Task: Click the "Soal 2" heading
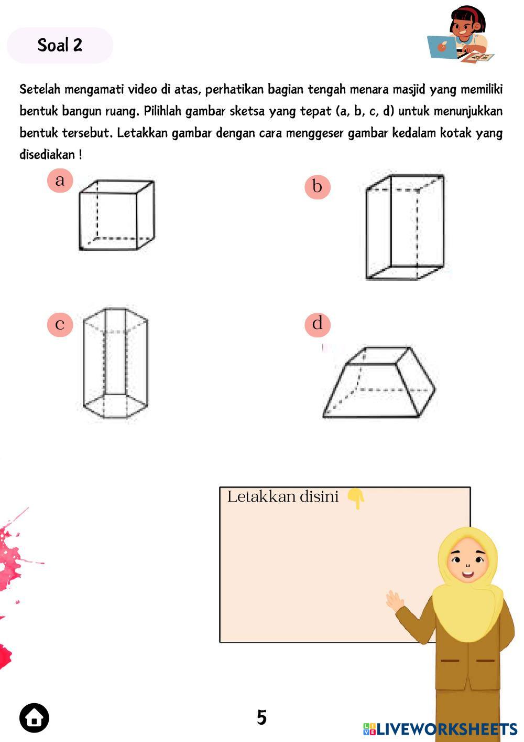tap(60, 45)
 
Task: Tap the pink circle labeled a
tap(60, 180)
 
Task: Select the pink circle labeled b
tap(317, 186)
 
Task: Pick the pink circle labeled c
tap(60, 324)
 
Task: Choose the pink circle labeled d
tap(317, 324)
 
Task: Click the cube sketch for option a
tap(117, 215)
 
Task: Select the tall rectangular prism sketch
tap(405, 227)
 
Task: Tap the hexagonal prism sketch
tap(115, 363)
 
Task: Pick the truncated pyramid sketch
tap(379, 382)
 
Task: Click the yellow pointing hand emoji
tap(356, 498)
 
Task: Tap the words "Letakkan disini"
tap(283, 496)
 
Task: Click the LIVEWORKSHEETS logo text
tap(440, 729)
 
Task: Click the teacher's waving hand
tap(395, 600)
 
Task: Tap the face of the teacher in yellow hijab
tap(467, 560)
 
